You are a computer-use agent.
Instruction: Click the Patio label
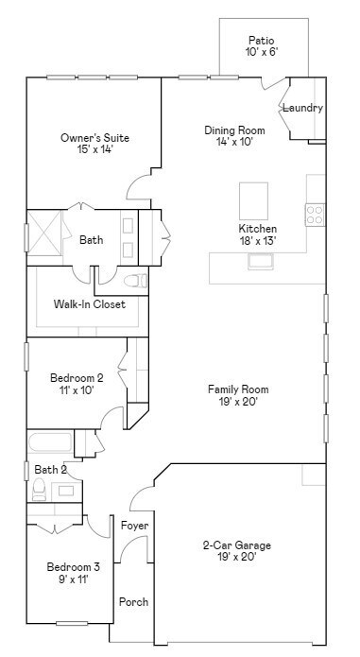click(x=262, y=41)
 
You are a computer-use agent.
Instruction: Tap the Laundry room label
click(x=302, y=108)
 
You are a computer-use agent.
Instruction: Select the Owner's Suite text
click(x=94, y=138)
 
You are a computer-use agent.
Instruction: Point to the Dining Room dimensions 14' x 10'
click(x=234, y=143)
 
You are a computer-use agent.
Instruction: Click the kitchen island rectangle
click(x=253, y=200)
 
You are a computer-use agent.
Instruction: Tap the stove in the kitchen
click(x=315, y=215)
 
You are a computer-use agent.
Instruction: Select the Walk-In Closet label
click(x=90, y=304)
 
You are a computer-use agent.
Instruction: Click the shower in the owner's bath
click(x=44, y=231)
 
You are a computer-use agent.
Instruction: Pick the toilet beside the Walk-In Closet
click(x=136, y=280)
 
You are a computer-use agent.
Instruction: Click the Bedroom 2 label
click(x=77, y=378)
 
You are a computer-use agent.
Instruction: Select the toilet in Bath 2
click(x=40, y=489)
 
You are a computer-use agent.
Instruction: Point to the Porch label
click(x=133, y=601)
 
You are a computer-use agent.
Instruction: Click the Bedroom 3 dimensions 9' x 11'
click(x=73, y=579)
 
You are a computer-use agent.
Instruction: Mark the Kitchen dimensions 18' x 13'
click(x=257, y=241)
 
